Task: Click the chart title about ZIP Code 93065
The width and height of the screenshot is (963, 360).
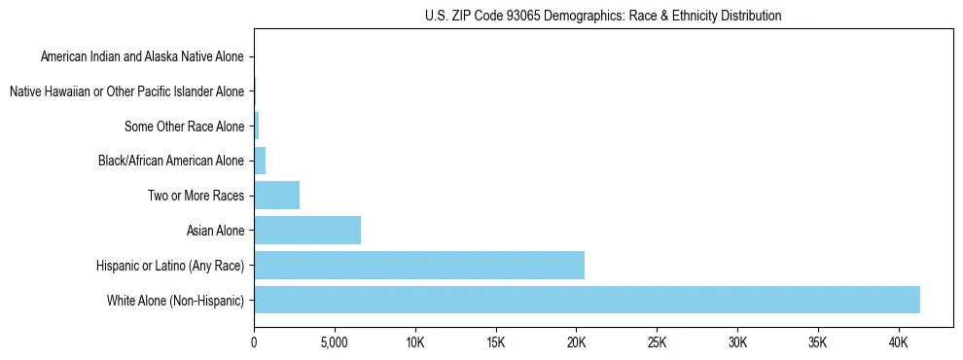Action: [603, 16]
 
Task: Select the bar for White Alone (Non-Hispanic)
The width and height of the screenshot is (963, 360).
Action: [587, 300]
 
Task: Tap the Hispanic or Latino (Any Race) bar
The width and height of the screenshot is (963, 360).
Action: [419, 265]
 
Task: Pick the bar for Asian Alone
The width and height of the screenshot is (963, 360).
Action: [307, 231]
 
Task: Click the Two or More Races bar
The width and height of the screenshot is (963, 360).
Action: [277, 196]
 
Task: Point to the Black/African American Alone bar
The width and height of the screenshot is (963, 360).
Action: [260, 161]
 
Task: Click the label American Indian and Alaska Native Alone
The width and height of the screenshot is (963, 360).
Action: [142, 56]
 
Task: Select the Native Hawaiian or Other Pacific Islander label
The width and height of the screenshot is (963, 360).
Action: [126, 91]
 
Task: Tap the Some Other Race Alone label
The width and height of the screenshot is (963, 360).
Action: [184, 126]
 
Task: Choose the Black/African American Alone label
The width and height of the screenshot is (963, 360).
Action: [171, 161]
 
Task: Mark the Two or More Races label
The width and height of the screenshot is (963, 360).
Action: [196, 196]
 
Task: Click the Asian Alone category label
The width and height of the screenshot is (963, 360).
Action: [215, 231]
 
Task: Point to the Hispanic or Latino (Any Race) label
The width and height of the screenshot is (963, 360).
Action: [170, 265]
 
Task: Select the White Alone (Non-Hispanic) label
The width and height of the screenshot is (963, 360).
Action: [176, 300]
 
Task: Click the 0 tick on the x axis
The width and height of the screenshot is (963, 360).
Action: [254, 342]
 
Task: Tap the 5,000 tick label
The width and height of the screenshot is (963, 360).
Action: [335, 342]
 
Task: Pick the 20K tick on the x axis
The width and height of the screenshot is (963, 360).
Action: [576, 342]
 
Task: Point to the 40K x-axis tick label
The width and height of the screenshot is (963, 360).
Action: [898, 342]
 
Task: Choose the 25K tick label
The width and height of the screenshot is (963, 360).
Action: [657, 342]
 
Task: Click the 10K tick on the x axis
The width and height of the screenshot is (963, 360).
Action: [415, 342]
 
